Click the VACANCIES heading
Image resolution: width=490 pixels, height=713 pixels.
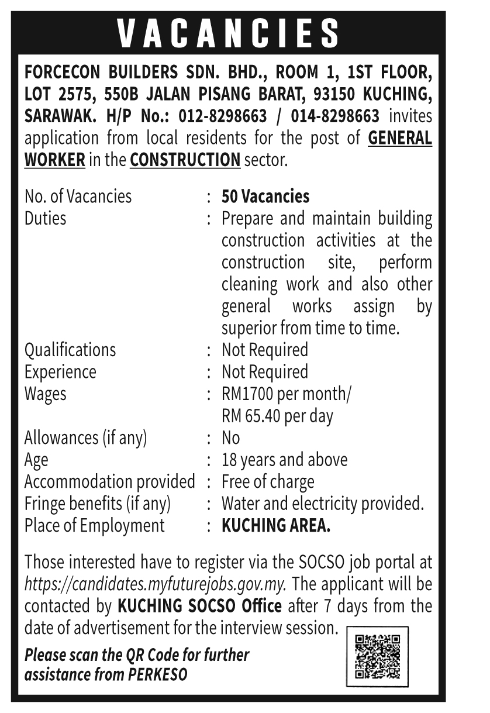click(x=229, y=33)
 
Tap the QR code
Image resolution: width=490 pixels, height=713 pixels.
click(x=377, y=656)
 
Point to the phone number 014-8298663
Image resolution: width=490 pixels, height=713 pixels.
click(x=332, y=116)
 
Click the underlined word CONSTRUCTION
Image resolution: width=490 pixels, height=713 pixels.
click(x=185, y=160)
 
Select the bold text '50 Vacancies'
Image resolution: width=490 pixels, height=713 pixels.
click(x=265, y=197)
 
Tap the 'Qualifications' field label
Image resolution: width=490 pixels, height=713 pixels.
click(x=70, y=350)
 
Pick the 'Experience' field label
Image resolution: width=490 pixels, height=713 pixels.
click(x=60, y=372)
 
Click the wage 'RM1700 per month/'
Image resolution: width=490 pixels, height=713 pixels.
click(x=287, y=394)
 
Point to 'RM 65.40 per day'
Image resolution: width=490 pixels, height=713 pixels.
click(x=277, y=416)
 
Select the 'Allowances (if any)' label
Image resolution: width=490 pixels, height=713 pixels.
click(x=85, y=438)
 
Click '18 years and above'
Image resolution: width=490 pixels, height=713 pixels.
click(x=284, y=460)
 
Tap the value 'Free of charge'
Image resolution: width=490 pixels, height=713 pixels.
click(x=268, y=482)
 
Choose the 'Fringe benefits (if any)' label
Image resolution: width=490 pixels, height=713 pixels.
click(x=97, y=504)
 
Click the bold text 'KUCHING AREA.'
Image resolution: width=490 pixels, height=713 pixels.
click(x=276, y=525)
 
